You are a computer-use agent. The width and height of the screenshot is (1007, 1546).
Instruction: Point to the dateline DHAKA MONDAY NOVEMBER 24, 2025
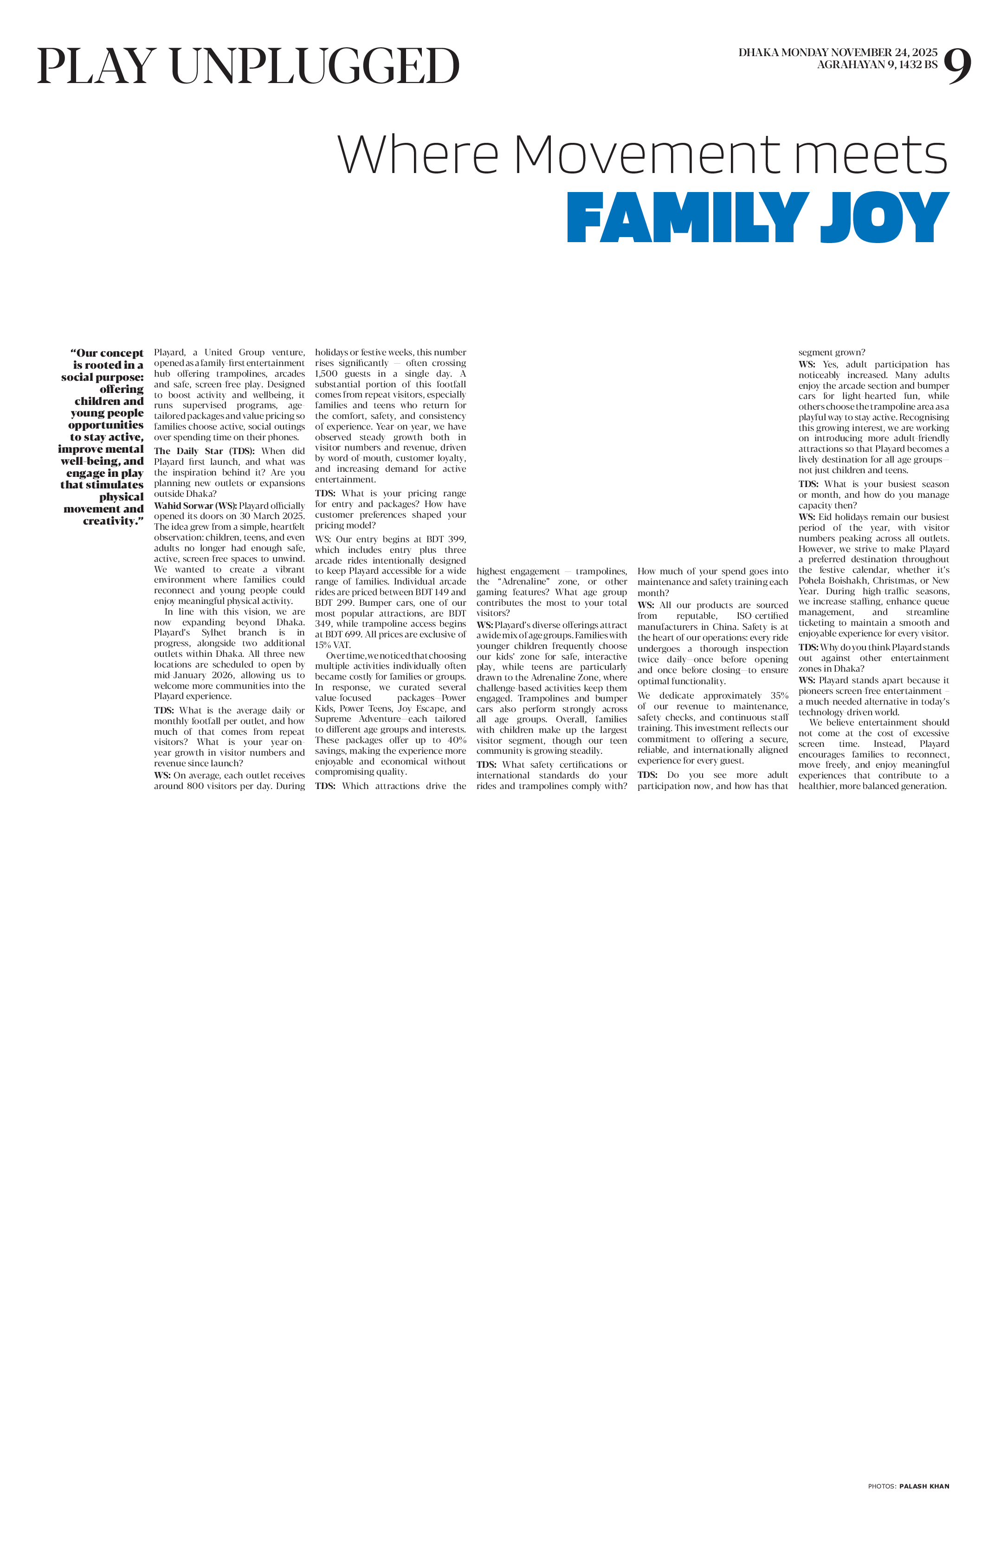(x=838, y=52)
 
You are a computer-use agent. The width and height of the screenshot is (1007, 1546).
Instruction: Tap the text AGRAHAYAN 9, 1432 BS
(x=877, y=65)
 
